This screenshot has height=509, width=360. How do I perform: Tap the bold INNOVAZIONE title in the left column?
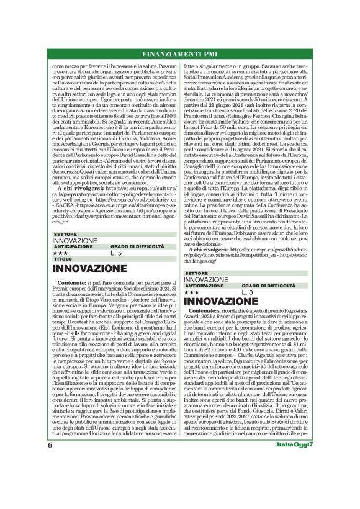tap(93, 269)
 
